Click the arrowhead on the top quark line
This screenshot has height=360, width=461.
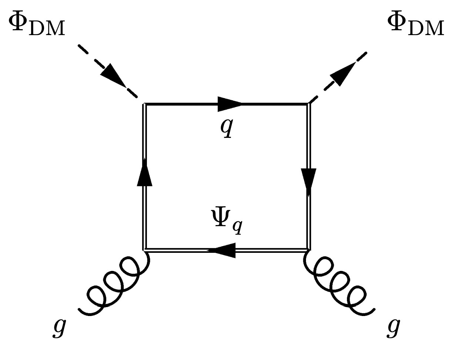point(229,104)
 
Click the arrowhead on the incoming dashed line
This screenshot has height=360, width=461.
point(113,76)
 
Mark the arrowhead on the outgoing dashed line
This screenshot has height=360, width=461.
point(343,74)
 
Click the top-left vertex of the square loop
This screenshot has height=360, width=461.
point(144,105)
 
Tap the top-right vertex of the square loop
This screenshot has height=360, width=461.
point(308,105)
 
